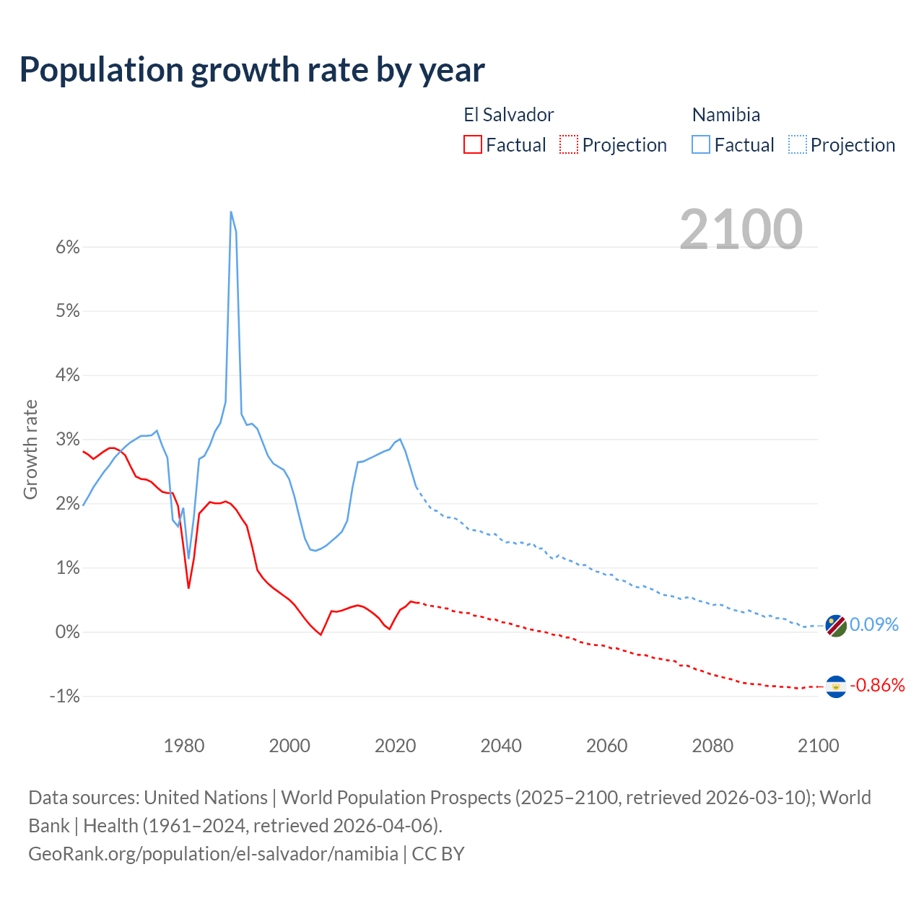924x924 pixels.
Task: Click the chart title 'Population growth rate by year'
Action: click(252, 70)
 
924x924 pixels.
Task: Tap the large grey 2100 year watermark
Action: click(741, 230)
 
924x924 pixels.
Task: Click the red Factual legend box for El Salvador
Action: click(473, 144)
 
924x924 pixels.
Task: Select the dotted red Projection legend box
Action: click(569, 144)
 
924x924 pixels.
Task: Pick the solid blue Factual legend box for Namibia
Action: click(701, 144)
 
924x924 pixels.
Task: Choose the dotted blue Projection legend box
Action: click(798, 144)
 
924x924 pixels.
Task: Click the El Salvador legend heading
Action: click(508, 115)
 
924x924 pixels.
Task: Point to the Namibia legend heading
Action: click(725, 115)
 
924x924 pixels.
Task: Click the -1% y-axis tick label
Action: click(64, 696)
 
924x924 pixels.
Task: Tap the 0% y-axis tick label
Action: click(67, 632)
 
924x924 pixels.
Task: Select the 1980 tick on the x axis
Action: click(184, 746)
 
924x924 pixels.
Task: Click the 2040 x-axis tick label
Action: click(501, 746)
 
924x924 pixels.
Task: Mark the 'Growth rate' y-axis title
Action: click(30, 449)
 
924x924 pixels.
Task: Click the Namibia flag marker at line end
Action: click(836, 625)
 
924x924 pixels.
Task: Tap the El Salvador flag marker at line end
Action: click(836, 686)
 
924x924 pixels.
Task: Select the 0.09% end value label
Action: click(873, 624)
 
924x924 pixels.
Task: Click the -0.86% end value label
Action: click(877, 685)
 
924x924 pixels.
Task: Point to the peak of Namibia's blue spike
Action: click(230, 212)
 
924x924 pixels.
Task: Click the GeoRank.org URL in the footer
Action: click(213, 853)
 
